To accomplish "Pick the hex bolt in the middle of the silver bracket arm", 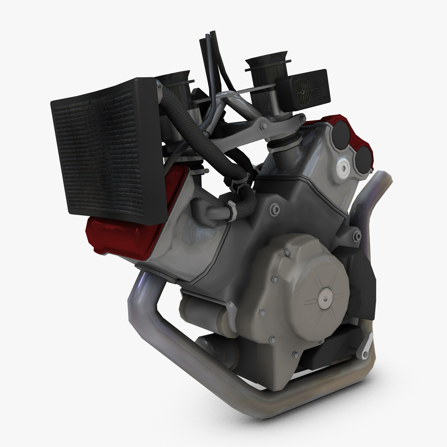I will [263, 125].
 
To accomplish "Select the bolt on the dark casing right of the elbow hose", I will [274, 209].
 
